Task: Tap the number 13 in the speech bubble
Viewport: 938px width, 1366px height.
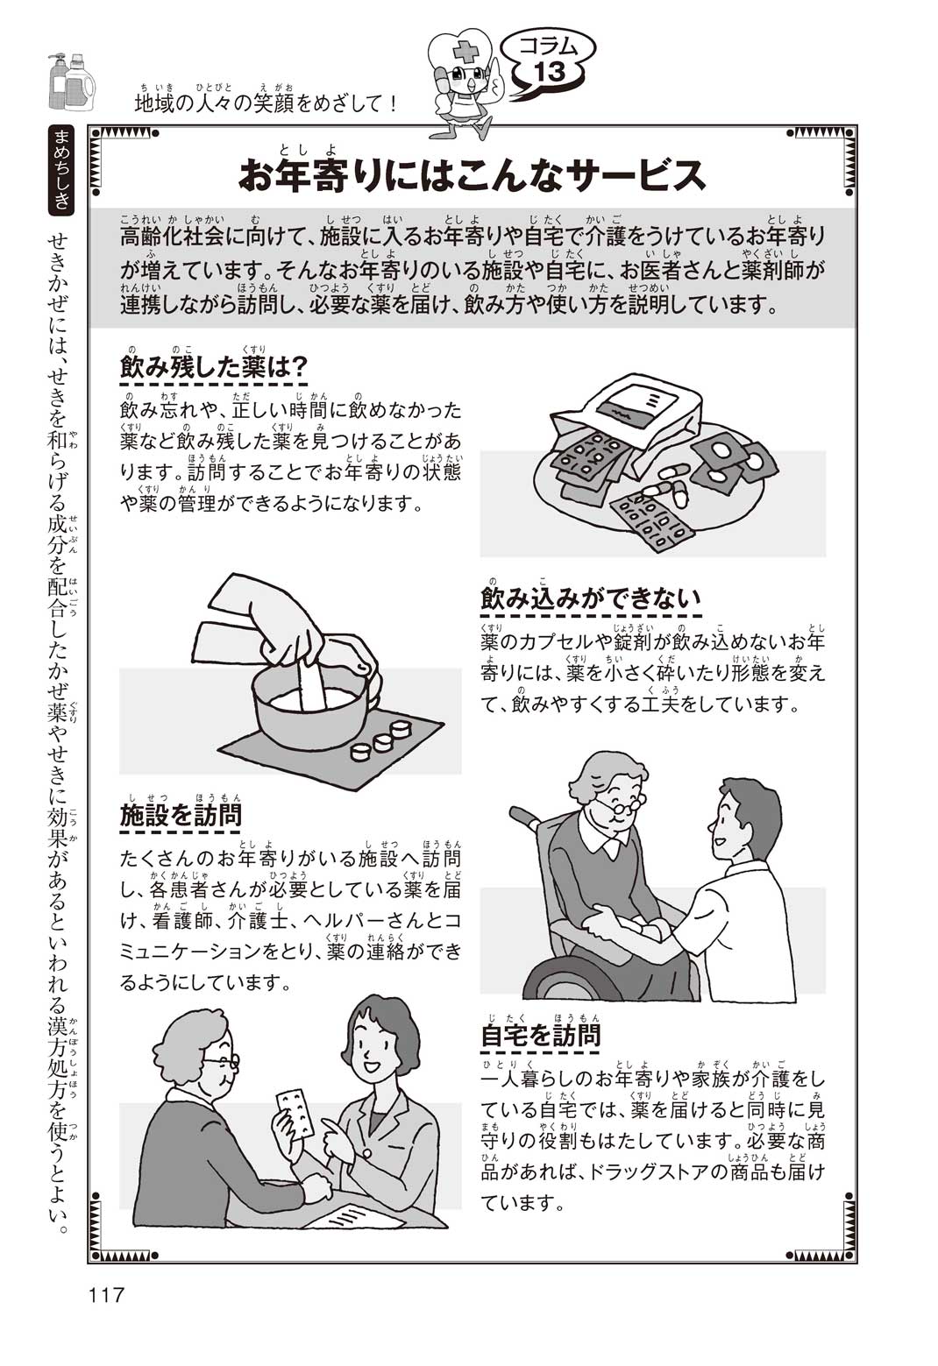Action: tap(550, 73)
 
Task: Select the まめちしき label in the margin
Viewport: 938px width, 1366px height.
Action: tap(61, 170)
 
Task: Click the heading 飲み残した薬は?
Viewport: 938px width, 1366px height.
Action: tap(214, 368)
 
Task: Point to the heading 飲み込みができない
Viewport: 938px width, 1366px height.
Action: tap(591, 598)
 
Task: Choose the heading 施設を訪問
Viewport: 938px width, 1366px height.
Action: tap(181, 816)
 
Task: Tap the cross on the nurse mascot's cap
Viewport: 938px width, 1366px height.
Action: tap(466, 53)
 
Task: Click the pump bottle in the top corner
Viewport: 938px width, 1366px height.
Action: tap(56, 81)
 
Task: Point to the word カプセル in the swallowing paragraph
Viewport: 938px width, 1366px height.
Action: tap(558, 641)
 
